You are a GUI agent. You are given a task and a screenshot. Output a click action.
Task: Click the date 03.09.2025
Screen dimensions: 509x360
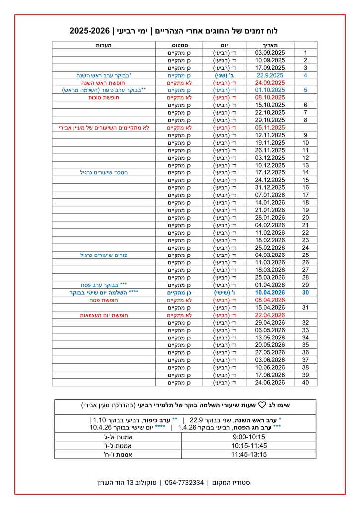[270, 53]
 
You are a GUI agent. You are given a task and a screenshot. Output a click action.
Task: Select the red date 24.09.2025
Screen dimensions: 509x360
[270, 83]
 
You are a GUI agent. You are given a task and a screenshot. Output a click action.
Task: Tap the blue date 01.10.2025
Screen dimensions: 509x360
[270, 90]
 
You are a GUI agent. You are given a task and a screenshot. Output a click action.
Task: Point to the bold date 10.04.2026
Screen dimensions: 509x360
[270, 293]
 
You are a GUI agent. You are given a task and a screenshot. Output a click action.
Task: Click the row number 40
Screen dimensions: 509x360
[305, 382]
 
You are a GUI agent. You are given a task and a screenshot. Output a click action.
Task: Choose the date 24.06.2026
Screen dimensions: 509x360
[270, 382]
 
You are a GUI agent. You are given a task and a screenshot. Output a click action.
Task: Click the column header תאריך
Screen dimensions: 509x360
[270, 45]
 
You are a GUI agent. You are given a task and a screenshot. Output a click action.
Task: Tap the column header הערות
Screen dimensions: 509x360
[103, 45]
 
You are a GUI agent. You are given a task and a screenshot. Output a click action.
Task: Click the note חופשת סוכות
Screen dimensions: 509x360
[104, 98]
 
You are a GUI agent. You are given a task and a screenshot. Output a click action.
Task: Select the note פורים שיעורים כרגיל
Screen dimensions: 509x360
[103, 255]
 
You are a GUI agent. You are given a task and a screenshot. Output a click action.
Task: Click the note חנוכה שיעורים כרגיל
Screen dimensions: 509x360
[103, 172]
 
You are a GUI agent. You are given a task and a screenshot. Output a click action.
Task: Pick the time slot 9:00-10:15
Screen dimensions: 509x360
[249, 437]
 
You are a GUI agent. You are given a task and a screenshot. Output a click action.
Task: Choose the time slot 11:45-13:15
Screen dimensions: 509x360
[249, 454]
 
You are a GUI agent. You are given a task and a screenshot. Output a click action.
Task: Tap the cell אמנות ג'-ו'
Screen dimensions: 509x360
[117, 446]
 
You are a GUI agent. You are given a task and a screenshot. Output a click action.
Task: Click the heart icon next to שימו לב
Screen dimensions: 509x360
[262, 405]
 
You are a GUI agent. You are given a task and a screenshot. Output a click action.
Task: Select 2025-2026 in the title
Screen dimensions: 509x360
[90, 31]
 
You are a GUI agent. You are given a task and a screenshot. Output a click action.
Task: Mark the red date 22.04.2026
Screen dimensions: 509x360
[270, 315]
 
